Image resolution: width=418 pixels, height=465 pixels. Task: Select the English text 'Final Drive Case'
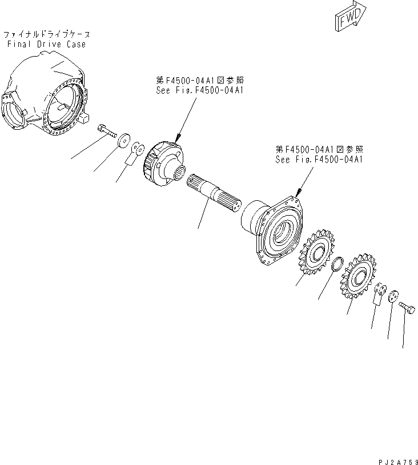click(x=47, y=45)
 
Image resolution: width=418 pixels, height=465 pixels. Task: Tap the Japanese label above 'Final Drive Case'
click(x=47, y=34)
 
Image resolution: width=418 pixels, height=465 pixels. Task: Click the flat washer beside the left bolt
click(x=123, y=142)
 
